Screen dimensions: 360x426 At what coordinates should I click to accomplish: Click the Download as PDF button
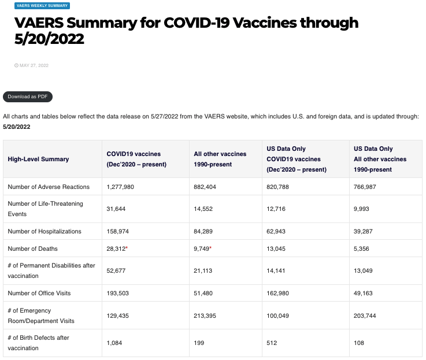click(28, 97)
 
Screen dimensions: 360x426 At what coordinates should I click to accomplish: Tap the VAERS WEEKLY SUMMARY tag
click(42, 6)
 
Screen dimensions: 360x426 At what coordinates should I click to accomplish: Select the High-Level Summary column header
click(38, 159)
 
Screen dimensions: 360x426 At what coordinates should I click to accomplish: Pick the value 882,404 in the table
click(207, 187)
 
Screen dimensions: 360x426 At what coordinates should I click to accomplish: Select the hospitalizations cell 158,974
click(118, 231)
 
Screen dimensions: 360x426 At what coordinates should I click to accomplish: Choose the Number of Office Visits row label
click(39, 293)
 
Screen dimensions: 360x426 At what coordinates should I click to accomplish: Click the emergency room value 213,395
click(207, 316)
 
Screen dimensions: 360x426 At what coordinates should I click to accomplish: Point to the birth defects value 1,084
click(115, 343)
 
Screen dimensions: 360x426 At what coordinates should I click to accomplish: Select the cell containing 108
click(359, 343)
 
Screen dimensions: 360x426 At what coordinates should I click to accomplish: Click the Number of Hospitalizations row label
click(45, 231)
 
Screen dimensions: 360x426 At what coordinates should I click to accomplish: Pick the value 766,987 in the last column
click(367, 187)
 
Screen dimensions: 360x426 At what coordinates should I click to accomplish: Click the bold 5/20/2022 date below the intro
click(17, 127)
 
